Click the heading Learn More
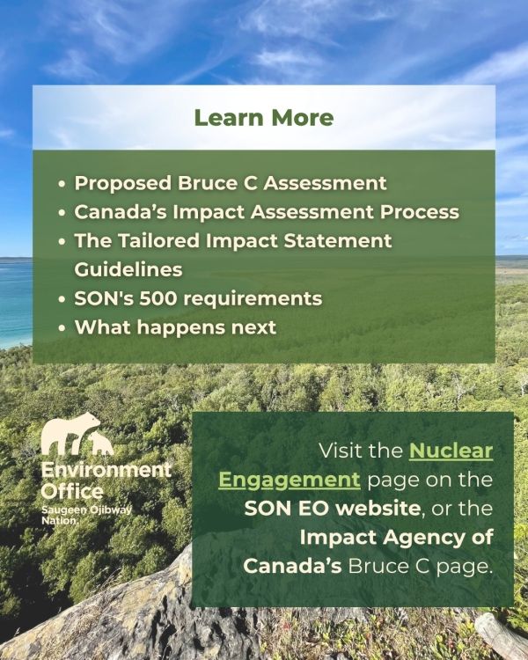(x=264, y=118)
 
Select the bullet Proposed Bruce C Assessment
(x=231, y=183)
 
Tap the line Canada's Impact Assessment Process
(x=267, y=212)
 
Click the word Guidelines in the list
(x=128, y=270)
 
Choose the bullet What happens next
(x=175, y=328)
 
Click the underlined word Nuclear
(x=451, y=451)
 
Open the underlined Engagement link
(x=290, y=480)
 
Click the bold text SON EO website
(x=333, y=509)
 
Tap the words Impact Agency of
(x=396, y=538)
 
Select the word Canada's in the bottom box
(x=292, y=566)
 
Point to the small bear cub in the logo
(x=100, y=444)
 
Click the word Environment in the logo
(x=106, y=470)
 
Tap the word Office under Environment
(x=72, y=492)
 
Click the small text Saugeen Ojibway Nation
(x=86, y=515)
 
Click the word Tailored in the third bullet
(x=158, y=241)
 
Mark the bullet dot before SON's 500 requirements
(x=62, y=300)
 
